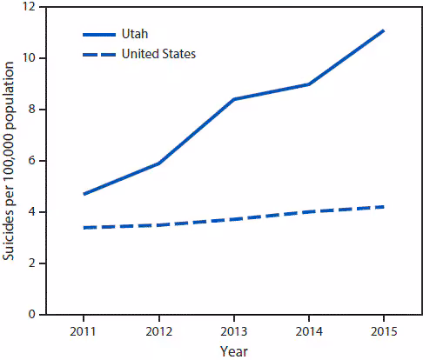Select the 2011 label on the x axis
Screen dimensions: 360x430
point(84,332)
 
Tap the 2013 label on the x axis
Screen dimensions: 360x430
point(233,332)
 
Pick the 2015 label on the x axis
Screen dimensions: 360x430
point(383,332)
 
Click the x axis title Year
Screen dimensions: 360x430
point(233,351)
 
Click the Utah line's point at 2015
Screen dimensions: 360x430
point(383,30)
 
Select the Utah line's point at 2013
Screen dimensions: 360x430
point(233,99)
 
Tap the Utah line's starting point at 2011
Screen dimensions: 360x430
point(84,194)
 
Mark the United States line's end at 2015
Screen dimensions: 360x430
point(383,207)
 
